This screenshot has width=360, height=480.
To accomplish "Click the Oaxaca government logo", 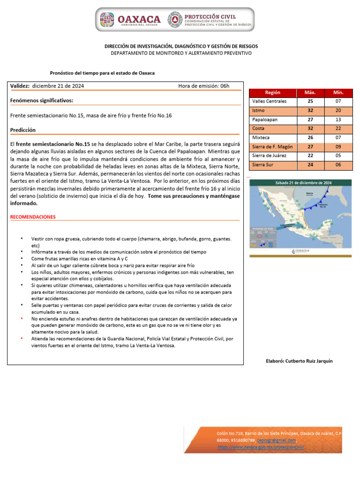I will [x=108, y=20].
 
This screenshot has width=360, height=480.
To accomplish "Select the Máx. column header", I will [x=310, y=92].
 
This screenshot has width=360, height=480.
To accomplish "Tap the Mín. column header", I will [x=338, y=92].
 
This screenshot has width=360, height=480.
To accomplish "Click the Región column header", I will [x=272, y=92].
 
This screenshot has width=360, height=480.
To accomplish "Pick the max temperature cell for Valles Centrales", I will [x=310, y=101].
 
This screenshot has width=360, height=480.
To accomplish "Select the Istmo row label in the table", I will [x=258, y=111].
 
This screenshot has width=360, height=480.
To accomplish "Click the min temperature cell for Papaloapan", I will [x=338, y=120].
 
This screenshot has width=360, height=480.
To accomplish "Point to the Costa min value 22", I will [x=338, y=128].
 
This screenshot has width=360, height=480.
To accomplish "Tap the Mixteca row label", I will [x=261, y=138].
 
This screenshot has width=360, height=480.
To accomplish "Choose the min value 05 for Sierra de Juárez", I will [x=338, y=156].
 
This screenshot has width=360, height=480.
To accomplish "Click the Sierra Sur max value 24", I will [x=310, y=165].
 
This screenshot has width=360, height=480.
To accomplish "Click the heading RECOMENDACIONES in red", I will [x=33, y=217].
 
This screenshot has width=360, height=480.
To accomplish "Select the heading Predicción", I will [x=22, y=130].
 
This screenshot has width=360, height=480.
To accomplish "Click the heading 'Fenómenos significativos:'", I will [x=41, y=100].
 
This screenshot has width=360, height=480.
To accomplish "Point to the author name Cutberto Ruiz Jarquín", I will [x=299, y=361].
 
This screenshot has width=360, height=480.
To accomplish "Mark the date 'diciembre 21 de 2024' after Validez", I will [x=58, y=86].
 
